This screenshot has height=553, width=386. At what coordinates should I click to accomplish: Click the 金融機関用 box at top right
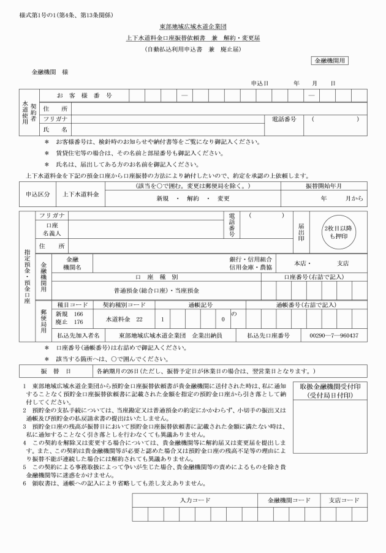click(331, 60)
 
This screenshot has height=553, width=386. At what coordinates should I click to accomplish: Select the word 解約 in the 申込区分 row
click(193, 198)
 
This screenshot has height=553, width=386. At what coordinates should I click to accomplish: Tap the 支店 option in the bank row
click(343, 263)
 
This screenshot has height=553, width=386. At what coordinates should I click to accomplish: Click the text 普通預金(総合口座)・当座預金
click(156, 290)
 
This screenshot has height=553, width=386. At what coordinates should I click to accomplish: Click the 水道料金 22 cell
click(123, 318)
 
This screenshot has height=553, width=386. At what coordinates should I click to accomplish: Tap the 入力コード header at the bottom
click(195, 500)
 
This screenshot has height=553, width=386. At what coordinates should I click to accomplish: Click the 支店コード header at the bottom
click(344, 500)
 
